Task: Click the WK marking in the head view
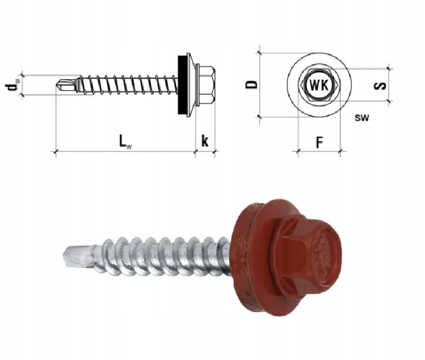point(319,85)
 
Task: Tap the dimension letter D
point(251,85)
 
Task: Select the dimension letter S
point(380,86)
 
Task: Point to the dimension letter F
point(320,142)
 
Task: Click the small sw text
point(362,117)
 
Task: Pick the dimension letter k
point(205,141)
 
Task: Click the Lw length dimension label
point(125,142)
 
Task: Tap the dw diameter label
point(12,87)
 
